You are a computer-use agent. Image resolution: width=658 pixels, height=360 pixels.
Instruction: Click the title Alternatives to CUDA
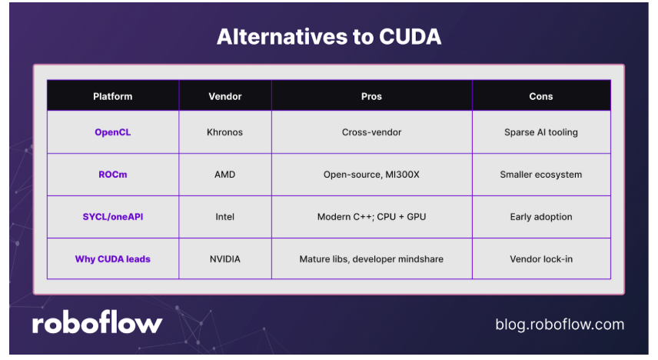coord(329,37)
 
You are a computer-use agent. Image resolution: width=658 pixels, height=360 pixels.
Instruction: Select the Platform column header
coord(112,97)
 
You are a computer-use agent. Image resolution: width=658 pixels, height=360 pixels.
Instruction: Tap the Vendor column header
coord(225,97)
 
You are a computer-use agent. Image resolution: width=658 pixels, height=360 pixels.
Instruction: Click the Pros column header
coord(371,97)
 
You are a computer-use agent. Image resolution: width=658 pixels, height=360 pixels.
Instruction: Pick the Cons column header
coord(541,97)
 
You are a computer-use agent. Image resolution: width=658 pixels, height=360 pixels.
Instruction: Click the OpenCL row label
coord(112,132)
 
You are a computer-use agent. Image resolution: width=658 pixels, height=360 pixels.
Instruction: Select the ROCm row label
coord(112,175)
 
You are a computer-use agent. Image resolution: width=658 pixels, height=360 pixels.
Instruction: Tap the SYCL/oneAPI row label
coord(112,217)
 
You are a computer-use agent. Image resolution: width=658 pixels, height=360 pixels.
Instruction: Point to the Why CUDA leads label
coord(112,259)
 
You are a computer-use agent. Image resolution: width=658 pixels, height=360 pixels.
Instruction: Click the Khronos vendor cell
coord(224,132)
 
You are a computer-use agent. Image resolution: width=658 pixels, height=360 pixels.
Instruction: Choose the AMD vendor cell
coord(225,175)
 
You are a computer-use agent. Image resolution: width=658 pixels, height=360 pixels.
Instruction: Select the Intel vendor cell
coord(225,217)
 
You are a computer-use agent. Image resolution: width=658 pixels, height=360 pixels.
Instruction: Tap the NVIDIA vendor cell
coord(225,259)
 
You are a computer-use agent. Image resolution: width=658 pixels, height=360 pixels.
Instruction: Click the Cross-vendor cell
coord(371,132)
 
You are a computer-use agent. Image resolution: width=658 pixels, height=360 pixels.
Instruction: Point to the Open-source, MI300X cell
coord(371,175)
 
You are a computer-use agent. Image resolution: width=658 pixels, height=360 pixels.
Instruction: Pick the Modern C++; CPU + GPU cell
coord(371,217)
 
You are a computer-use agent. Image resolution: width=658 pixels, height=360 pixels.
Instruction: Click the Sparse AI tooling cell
coord(541,132)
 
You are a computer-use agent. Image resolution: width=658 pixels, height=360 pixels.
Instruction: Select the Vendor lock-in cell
coord(541,259)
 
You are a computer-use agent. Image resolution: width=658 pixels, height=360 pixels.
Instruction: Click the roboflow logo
coord(97,322)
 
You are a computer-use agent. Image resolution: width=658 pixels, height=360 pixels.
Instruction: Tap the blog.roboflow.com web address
coord(560,325)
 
